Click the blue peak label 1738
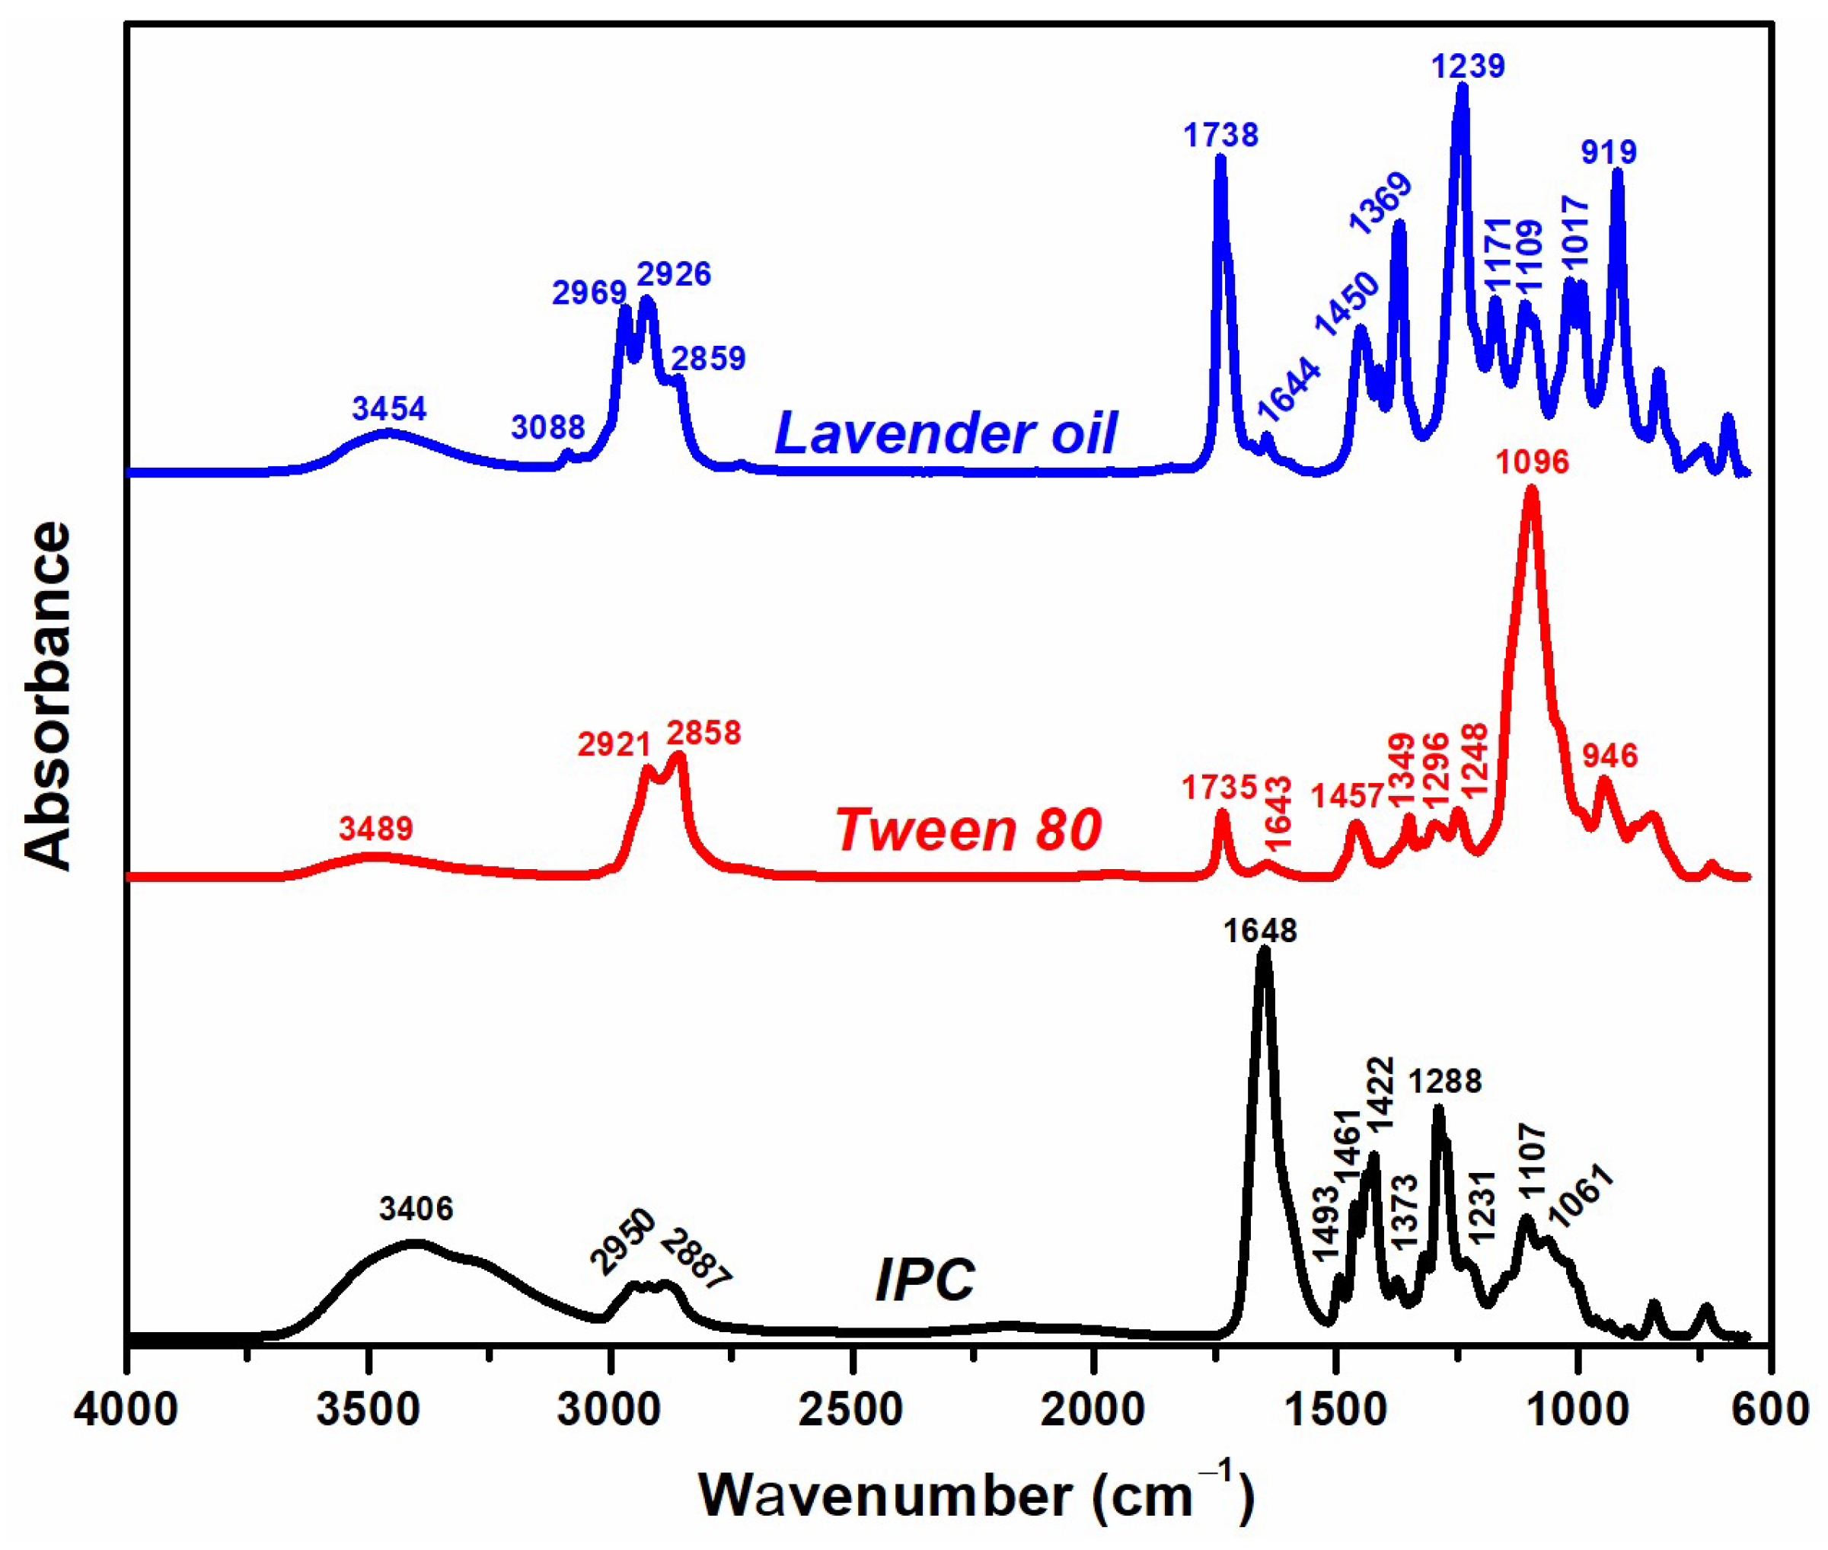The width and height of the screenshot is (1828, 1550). click(1220, 136)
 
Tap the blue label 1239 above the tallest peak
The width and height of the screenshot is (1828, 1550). click(1468, 66)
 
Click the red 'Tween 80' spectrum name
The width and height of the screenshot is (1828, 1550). click(968, 830)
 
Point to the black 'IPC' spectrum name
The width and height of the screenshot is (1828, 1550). click(925, 1280)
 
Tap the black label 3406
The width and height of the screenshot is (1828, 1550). click(416, 1209)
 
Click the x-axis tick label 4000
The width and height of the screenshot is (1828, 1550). click(126, 1411)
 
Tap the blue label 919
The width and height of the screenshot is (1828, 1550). click(1609, 153)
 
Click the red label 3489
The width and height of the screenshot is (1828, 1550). click(376, 828)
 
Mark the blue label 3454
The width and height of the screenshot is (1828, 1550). click(389, 408)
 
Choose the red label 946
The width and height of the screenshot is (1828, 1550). click(1610, 756)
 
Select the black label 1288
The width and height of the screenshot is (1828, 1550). click(1445, 1082)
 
